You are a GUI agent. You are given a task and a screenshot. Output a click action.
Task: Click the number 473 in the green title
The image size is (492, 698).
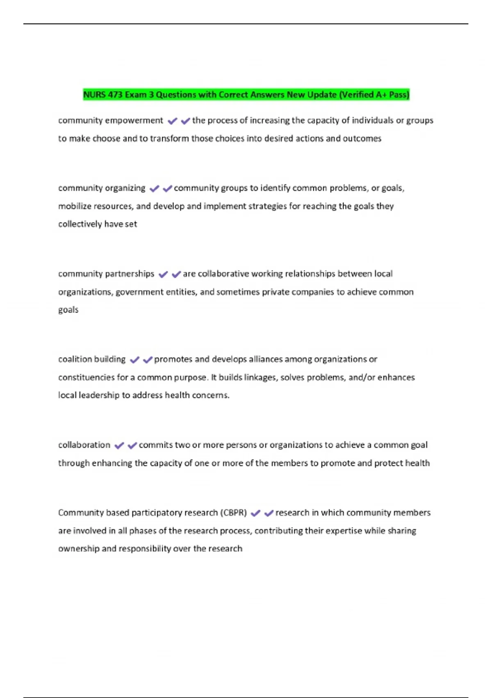pos(115,95)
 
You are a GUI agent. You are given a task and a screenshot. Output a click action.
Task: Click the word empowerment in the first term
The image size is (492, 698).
pos(134,120)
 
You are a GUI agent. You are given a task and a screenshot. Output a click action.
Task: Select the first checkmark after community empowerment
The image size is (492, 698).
pos(172,121)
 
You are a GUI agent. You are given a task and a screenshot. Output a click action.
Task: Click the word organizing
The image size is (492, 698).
pos(125,188)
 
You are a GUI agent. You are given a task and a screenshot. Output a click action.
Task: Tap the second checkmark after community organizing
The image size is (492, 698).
pos(167,189)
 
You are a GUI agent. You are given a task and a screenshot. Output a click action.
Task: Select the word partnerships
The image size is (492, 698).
pos(130,274)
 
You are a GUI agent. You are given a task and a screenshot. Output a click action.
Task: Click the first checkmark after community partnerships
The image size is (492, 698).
pos(163,275)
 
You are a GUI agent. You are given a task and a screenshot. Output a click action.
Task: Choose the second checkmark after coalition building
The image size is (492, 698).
pos(148,360)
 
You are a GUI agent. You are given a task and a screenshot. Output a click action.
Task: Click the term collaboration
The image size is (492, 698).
pos(84,445)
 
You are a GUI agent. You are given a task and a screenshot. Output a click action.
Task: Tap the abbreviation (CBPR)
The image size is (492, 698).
pos(234,513)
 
